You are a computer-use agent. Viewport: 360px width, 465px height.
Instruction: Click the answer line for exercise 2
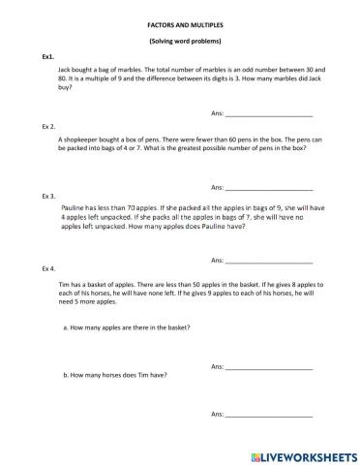(269, 187)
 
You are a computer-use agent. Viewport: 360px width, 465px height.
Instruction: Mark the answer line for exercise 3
(269, 262)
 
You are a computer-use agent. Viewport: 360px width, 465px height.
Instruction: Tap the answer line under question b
(269, 415)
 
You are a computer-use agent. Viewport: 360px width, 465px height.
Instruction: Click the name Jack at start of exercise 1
(66, 71)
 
